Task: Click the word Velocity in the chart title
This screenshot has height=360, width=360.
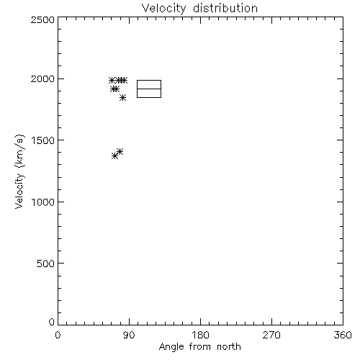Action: pos(163,9)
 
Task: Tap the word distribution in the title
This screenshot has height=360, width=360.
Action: pos(225,8)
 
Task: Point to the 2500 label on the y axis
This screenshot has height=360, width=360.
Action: pos(42,19)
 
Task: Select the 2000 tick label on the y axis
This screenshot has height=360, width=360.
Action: pos(42,78)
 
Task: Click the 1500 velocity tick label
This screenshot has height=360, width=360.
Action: pos(43,140)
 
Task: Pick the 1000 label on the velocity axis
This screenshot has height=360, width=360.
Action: pos(43,202)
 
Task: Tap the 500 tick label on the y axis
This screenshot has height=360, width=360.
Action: pos(45,264)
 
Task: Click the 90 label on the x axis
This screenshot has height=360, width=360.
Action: pos(129,335)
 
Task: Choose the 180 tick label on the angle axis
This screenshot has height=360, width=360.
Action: pos(200,335)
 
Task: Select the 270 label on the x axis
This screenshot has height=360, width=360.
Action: pos(271,335)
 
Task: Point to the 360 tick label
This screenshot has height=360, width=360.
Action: pos(343,335)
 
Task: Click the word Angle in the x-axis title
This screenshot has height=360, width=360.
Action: pos(171,347)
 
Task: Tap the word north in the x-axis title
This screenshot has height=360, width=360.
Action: pos(229,346)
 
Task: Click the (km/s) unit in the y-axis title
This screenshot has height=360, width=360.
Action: pos(19,151)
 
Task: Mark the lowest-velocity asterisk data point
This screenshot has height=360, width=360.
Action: pos(114,156)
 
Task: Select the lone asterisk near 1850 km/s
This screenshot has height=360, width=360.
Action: pos(122,98)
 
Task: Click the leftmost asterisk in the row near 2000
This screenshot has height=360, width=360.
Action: pos(112,80)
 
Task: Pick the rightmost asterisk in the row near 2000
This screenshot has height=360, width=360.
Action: pos(124,80)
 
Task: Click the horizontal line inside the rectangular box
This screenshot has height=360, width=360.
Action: pos(149,89)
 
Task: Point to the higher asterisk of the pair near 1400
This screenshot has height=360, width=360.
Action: pos(120,151)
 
